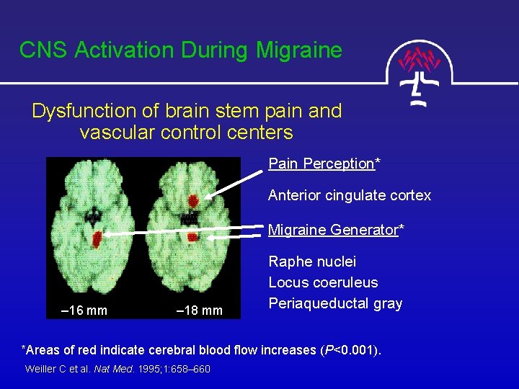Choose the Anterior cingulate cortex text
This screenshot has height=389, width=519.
click(x=350, y=195)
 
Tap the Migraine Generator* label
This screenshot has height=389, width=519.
click(x=336, y=231)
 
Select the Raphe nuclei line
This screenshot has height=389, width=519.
click(x=312, y=261)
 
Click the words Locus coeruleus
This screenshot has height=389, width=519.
click(x=323, y=282)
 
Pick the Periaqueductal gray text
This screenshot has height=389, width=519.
click(x=335, y=303)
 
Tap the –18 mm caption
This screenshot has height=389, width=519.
click(x=200, y=310)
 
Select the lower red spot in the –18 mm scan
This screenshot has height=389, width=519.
click(x=192, y=236)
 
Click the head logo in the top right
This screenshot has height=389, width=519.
click(x=421, y=68)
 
